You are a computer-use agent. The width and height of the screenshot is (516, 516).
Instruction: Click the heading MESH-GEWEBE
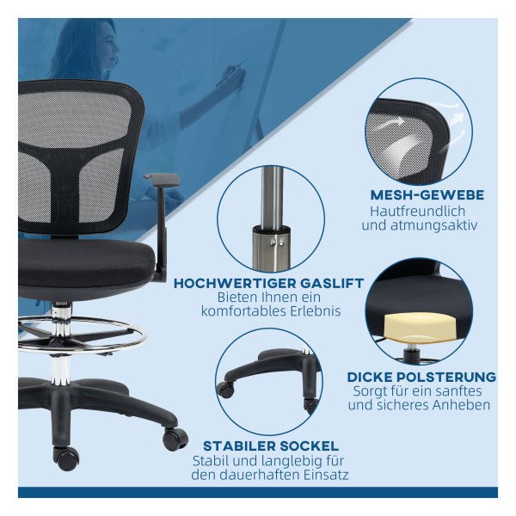point(427,195)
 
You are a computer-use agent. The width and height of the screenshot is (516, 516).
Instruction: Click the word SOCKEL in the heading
point(309,446)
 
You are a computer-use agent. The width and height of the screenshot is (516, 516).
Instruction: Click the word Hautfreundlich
point(418,212)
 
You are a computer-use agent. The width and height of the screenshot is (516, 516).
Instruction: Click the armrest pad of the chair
point(163,180)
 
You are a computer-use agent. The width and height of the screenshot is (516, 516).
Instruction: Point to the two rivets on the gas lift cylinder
point(277,243)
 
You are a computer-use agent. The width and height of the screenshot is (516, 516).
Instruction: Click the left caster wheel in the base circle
point(226,390)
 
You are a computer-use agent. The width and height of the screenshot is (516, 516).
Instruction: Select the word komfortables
point(239,311)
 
